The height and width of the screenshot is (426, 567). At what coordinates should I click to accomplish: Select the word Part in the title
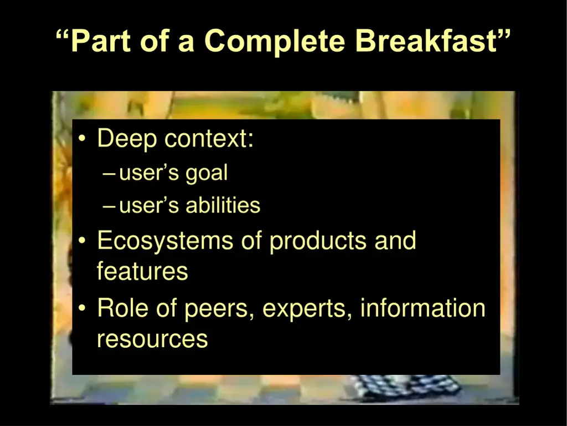[103, 41]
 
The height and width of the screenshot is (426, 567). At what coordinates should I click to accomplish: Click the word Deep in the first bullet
[127, 139]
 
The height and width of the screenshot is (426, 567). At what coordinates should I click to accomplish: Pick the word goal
[207, 174]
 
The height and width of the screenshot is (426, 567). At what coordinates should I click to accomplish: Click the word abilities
[223, 206]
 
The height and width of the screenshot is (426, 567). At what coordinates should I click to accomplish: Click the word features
[142, 272]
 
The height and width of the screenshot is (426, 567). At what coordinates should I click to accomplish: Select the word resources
[152, 338]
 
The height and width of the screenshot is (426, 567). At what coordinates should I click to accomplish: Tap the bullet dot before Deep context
[82, 139]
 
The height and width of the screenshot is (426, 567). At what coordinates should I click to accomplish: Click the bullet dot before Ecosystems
[82, 241]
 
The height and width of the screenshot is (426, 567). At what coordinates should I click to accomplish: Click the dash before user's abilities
[109, 206]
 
